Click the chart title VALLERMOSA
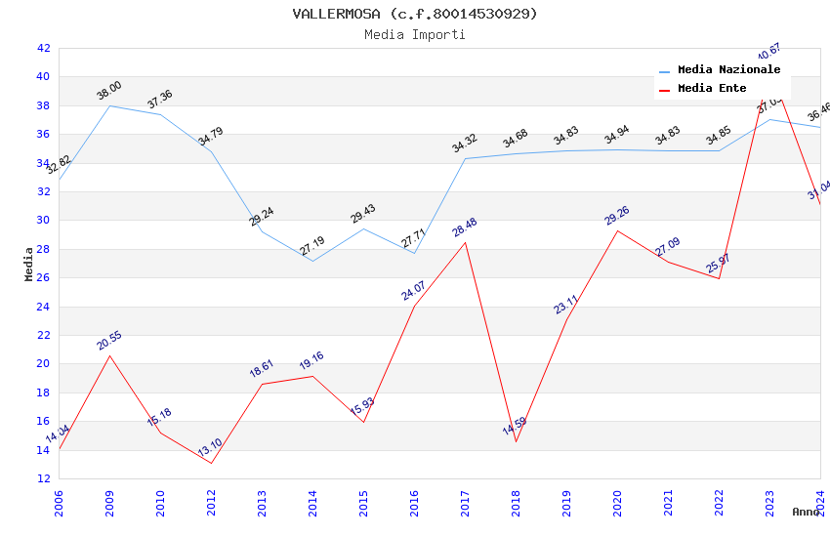(x=415, y=14)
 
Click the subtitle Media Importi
(x=415, y=34)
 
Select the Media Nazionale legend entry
(x=728, y=70)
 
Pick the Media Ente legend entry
(x=712, y=88)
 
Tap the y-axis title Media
(x=29, y=264)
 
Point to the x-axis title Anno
(x=806, y=512)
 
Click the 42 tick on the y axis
(x=43, y=48)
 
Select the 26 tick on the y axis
(x=43, y=277)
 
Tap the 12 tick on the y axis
(x=43, y=478)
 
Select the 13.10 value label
(x=210, y=448)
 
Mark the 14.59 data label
(x=515, y=428)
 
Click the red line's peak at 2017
(x=465, y=242)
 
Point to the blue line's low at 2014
(x=312, y=261)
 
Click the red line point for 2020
(x=617, y=230)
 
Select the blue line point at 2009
(x=109, y=105)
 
